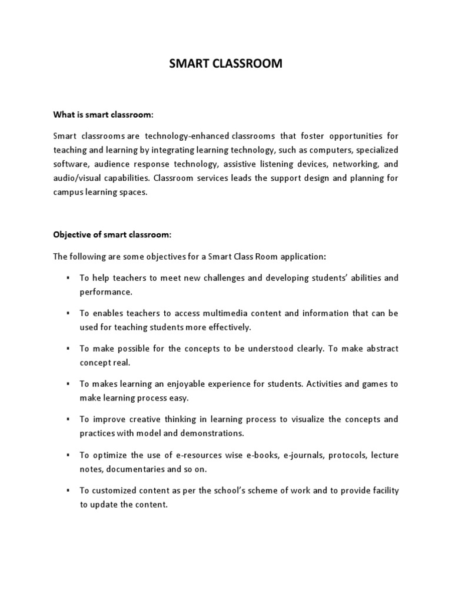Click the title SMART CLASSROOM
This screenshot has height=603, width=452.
click(225, 64)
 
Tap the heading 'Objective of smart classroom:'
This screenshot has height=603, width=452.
click(112, 234)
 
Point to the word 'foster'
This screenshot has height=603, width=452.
click(315, 136)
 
